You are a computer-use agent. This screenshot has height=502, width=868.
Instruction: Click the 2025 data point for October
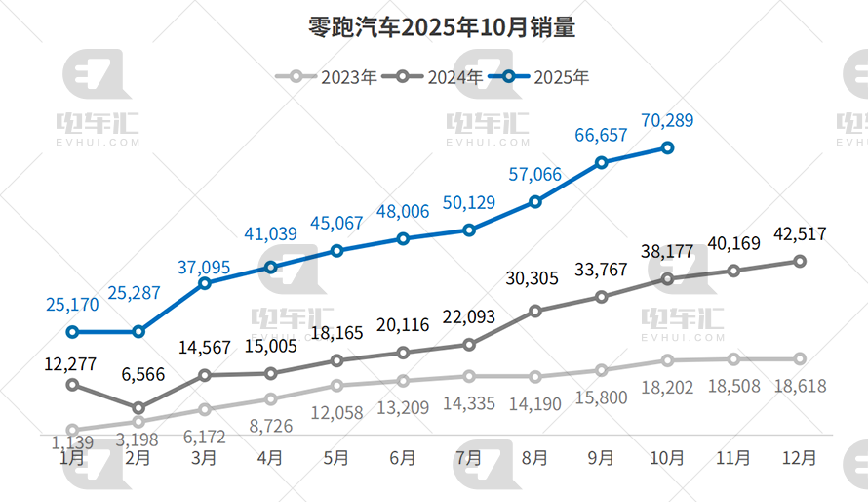tap(668, 147)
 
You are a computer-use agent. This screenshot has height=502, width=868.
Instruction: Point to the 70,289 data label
tap(668, 121)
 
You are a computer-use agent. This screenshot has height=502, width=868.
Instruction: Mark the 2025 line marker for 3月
tap(205, 283)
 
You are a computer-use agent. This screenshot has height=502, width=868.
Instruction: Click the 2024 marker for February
tap(138, 408)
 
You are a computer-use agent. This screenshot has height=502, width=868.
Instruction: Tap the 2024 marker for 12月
tap(800, 261)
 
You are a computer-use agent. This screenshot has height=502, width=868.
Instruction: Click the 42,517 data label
tap(800, 234)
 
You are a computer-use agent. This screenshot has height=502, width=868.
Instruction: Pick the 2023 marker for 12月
tap(800, 358)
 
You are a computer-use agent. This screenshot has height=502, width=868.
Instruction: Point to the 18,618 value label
tap(800, 386)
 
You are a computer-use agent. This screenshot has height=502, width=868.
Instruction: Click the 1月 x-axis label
tap(72, 456)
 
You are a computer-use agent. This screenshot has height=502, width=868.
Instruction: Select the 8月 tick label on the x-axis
tap(535, 456)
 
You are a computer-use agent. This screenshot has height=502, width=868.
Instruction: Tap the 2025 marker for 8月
tap(535, 201)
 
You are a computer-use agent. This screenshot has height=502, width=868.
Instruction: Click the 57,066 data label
tap(535, 175)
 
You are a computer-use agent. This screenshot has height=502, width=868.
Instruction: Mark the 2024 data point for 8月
tap(535, 311)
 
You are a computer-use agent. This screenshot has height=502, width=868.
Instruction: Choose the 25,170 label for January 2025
tap(72, 305)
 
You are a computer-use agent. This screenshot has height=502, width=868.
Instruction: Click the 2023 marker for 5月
tap(336, 385)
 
